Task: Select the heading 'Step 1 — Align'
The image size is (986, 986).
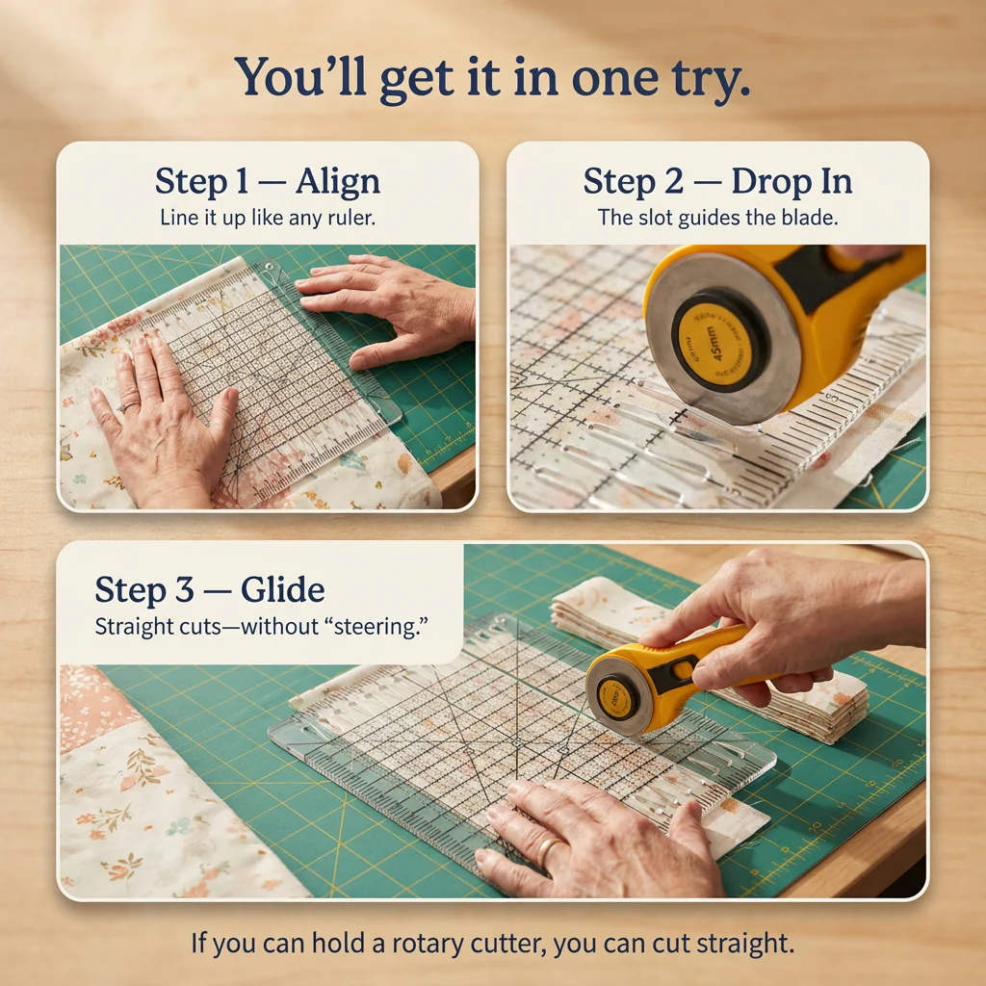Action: point(267,182)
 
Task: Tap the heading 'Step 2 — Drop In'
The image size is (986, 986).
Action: point(716,182)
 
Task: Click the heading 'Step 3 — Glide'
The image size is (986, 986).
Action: point(209,589)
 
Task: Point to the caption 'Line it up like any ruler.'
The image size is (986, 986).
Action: point(267,219)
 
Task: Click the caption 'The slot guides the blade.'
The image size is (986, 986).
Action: point(717,219)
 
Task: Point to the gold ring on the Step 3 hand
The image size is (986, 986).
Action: point(546,850)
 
